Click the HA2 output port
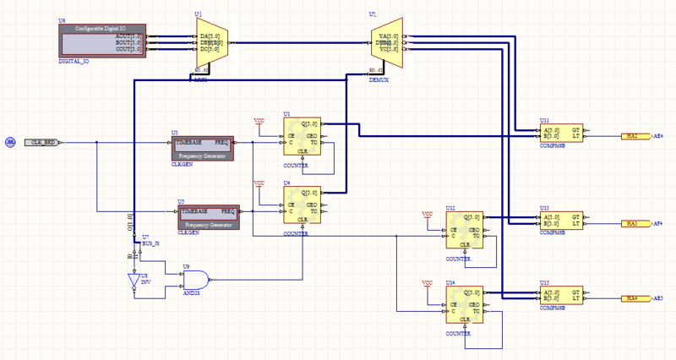631,135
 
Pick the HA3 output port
631,223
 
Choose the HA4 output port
631,298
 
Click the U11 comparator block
561,131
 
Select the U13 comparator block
561,219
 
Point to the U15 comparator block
561,294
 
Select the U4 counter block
302,205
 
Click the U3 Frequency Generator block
201,147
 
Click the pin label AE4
659,135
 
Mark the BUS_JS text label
150,243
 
